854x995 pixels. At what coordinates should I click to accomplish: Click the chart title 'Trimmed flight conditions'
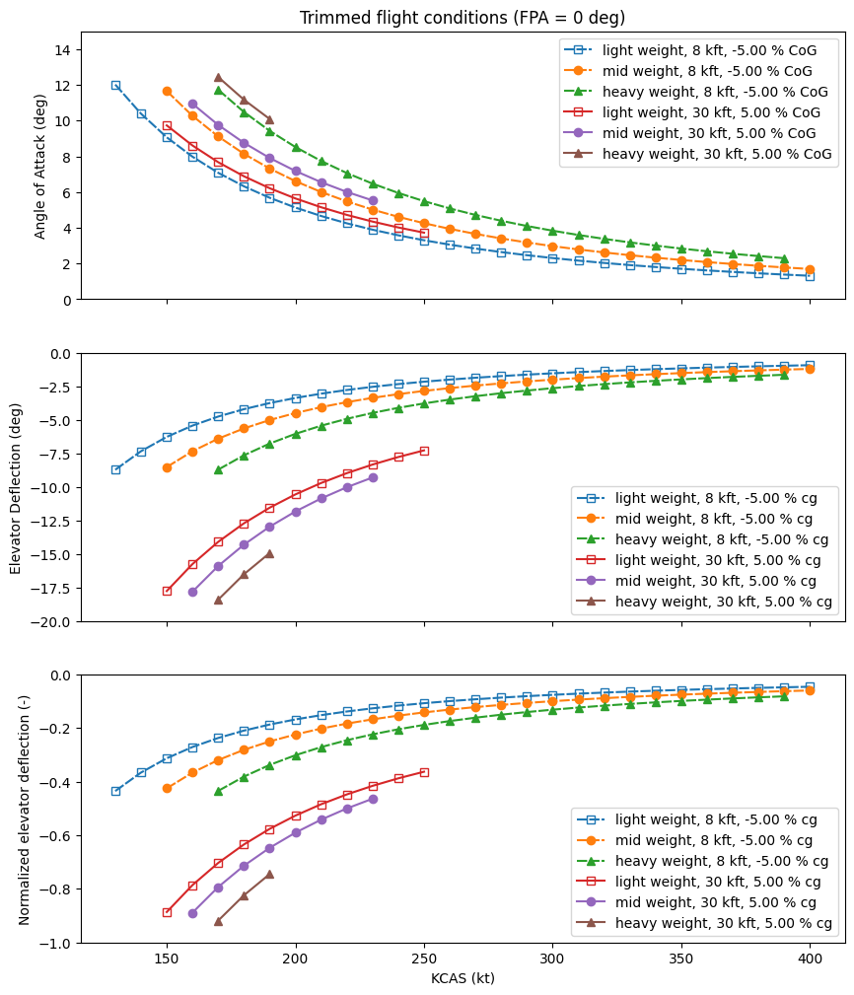[x=463, y=18]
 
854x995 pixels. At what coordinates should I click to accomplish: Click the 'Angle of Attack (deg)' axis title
[x=40, y=166]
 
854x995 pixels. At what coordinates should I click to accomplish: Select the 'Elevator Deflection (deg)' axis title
[x=17, y=487]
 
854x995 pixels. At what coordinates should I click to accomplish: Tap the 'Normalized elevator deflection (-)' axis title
[x=25, y=809]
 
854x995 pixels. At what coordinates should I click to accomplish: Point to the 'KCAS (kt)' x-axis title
[x=463, y=978]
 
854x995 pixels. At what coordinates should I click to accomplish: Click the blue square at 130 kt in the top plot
[x=115, y=86]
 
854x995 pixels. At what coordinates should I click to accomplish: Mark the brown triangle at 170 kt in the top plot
[x=218, y=77]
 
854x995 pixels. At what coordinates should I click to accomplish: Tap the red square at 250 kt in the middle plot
[x=424, y=451]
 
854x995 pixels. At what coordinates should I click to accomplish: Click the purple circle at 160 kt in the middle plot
[x=192, y=592]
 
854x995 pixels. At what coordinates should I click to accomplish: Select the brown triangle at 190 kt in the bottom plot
[x=269, y=874]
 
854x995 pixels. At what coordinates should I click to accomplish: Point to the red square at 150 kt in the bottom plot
[x=167, y=912]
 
